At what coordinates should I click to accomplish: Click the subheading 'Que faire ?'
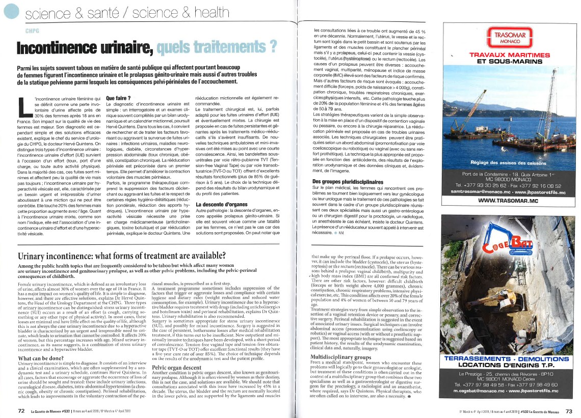118,98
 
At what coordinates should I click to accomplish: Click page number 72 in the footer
21,409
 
